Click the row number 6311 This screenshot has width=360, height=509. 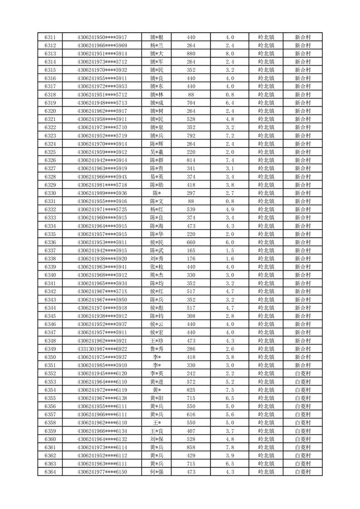pos(50,37)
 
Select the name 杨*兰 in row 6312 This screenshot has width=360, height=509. pos(157,45)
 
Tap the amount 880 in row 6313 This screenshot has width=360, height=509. pos(191,54)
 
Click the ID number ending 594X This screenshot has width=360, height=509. pos(102,176)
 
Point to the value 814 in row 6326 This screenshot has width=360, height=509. pos(191,160)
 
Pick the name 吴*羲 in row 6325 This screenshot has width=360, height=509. pos(157,152)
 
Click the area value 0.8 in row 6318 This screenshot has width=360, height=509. pos(230,95)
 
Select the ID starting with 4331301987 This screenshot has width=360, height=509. pos(102,349)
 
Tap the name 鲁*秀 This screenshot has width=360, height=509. pos(157,349)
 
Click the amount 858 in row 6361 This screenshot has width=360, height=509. pos(191,447)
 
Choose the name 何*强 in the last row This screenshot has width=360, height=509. pos(157,472)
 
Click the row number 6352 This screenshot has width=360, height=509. pos(50,373)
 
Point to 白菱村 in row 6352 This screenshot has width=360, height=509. pos(302,373)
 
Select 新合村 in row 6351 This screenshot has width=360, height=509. pos(302,365)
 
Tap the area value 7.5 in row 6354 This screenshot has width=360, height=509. pos(230,390)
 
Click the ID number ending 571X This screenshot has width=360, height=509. pos(102,291)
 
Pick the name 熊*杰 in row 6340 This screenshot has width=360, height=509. pos(157,275)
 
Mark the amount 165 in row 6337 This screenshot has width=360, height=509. pos(191,250)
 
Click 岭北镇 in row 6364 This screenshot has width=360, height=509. pos(266,472)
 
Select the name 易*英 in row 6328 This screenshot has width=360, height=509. pos(157,176)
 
